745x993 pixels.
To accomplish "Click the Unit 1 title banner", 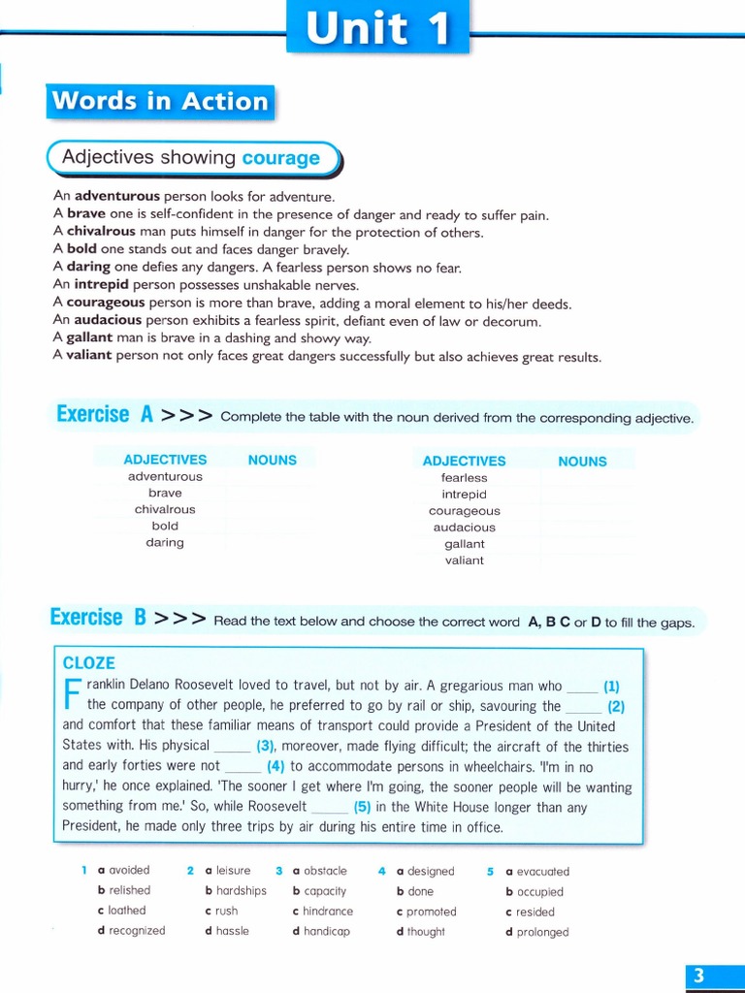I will tap(378, 28).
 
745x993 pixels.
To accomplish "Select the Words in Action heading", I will tap(160, 102).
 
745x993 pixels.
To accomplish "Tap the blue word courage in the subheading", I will tap(280, 158).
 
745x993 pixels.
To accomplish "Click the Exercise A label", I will tap(105, 415).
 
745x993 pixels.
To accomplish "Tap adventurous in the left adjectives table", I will tap(165, 476).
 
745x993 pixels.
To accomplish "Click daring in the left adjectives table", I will tap(165, 542).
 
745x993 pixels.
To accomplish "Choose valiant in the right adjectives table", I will tap(464, 561).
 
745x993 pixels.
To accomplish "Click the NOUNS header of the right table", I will tap(582, 462).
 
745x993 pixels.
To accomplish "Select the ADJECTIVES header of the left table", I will tap(165, 460).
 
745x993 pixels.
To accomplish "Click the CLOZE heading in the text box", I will tap(88, 663).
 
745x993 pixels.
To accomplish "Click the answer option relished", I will tap(129, 890).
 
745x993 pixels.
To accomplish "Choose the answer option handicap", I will tap(326, 931).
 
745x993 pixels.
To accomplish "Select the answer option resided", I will tap(535, 912).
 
